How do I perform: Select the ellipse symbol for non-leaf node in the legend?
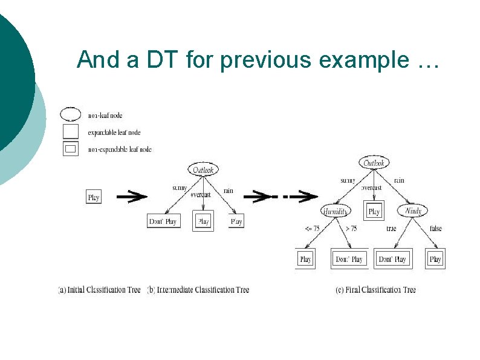point(71,114)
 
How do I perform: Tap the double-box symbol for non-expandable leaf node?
point(71,148)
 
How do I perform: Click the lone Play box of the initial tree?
point(94,197)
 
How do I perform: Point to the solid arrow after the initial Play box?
point(131,196)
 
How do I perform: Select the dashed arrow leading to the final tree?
point(284,196)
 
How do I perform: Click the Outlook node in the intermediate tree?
point(203,170)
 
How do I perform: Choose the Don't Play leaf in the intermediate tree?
point(163,221)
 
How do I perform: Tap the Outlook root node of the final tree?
point(374,163)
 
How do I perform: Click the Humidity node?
point(335,211)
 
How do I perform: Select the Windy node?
point(414,211)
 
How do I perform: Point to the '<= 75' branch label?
point(312,229)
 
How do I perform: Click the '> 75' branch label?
point(351,229)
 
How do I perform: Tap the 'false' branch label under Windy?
point(436,229)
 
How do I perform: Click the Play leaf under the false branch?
point(435,259)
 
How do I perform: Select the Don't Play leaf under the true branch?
point(392,259)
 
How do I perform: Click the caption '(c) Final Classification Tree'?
point(375,290)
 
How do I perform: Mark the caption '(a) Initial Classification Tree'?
point(100,290)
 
